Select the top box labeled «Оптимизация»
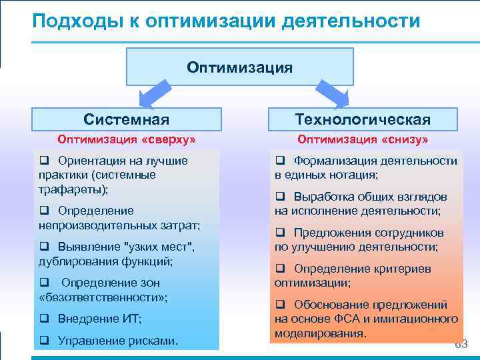click(239, 67)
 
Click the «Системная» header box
click(126, 119)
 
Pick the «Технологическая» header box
click(363, 119)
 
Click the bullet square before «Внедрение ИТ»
click(44, 319)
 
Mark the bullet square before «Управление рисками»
click(44, 341)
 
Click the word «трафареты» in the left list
click(71, 189)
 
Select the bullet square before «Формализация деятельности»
click(280, 161)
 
